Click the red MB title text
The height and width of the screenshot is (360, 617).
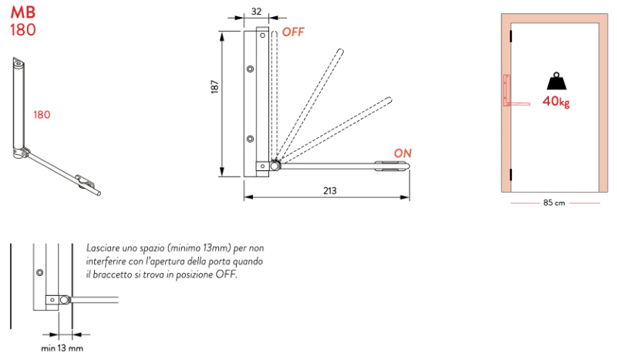[x=23, y=12]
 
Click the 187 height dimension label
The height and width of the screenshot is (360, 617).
[x=214, y=86]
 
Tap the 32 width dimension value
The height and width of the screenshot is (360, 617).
[x=256, y=12]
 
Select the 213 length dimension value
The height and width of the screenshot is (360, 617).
[x=330, y=191]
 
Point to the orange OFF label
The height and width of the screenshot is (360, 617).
[x=293, y=32]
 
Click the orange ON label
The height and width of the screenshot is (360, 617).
[x=403, y=153]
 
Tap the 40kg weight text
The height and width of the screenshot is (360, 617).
[x=555, y=102]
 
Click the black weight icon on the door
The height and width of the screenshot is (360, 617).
[x=556, y=81]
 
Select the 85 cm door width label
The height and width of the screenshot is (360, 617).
[x=554, y=203]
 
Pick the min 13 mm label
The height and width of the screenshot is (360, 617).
[x=62, y=348]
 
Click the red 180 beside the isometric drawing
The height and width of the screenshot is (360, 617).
[x=42, y=115]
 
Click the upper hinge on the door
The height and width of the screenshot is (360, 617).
[x=511, y=35]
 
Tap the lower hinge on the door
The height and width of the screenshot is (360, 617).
[x=511, y=175]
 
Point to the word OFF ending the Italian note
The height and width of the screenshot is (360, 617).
[x=226, y=274]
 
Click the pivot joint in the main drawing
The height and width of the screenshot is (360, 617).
[x=275, y=166]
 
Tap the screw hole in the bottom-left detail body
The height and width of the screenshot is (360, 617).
[x=40, y=272]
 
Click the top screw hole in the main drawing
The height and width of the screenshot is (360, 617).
[x=262, y=35]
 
